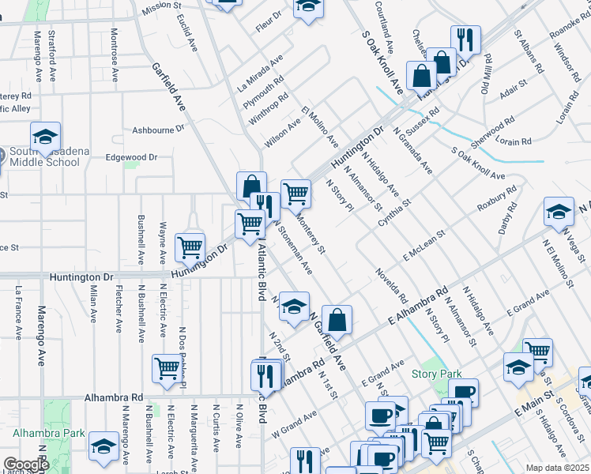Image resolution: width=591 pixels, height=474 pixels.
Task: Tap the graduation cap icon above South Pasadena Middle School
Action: (x=45, y=135)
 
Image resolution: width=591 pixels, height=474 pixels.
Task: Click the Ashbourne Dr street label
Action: (x=158, y=128)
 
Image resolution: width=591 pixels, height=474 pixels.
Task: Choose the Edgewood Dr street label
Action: (x=131, y=157)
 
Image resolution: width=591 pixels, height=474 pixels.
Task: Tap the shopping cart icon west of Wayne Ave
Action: (x=190, y=247)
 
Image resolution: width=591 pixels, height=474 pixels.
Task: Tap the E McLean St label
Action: (x=424, y=245)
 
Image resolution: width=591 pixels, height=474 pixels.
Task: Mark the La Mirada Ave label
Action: (x=260, y=75)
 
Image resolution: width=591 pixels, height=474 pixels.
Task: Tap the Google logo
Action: (x=27, y=465)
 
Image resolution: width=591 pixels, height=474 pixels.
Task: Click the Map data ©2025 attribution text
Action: (x=556, y=468)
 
